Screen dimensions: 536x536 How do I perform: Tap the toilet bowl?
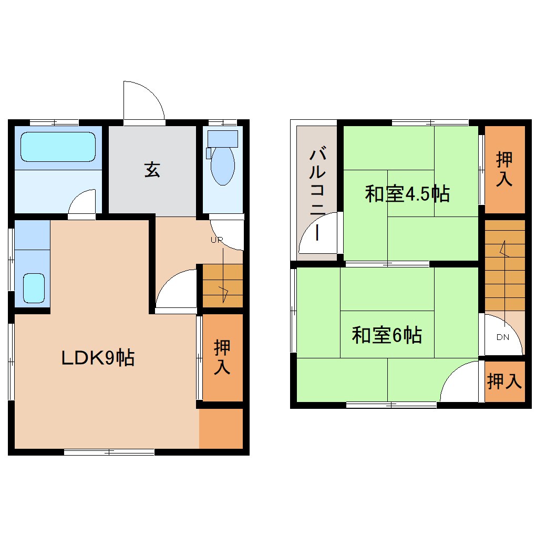[222, 166]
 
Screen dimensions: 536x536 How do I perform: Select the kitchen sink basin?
[34, 288]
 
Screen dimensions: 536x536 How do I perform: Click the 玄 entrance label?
[152, 170]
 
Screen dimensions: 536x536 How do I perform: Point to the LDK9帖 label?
[98, 358]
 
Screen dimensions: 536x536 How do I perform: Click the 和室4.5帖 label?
[407, 194]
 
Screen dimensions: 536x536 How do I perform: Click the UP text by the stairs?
[217, 240]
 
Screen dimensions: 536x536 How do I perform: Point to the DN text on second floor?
[502, 337]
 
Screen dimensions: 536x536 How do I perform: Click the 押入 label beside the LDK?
[222, 357]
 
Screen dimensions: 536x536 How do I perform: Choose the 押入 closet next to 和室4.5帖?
[504, 169]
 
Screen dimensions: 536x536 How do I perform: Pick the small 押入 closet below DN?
[504, 382]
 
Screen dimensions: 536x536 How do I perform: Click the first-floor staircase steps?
[223, 286]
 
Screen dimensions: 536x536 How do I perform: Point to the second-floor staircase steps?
[504, 264]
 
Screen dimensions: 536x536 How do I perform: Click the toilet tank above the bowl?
[223, 139]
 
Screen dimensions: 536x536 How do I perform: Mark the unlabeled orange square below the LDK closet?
[221, 428]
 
